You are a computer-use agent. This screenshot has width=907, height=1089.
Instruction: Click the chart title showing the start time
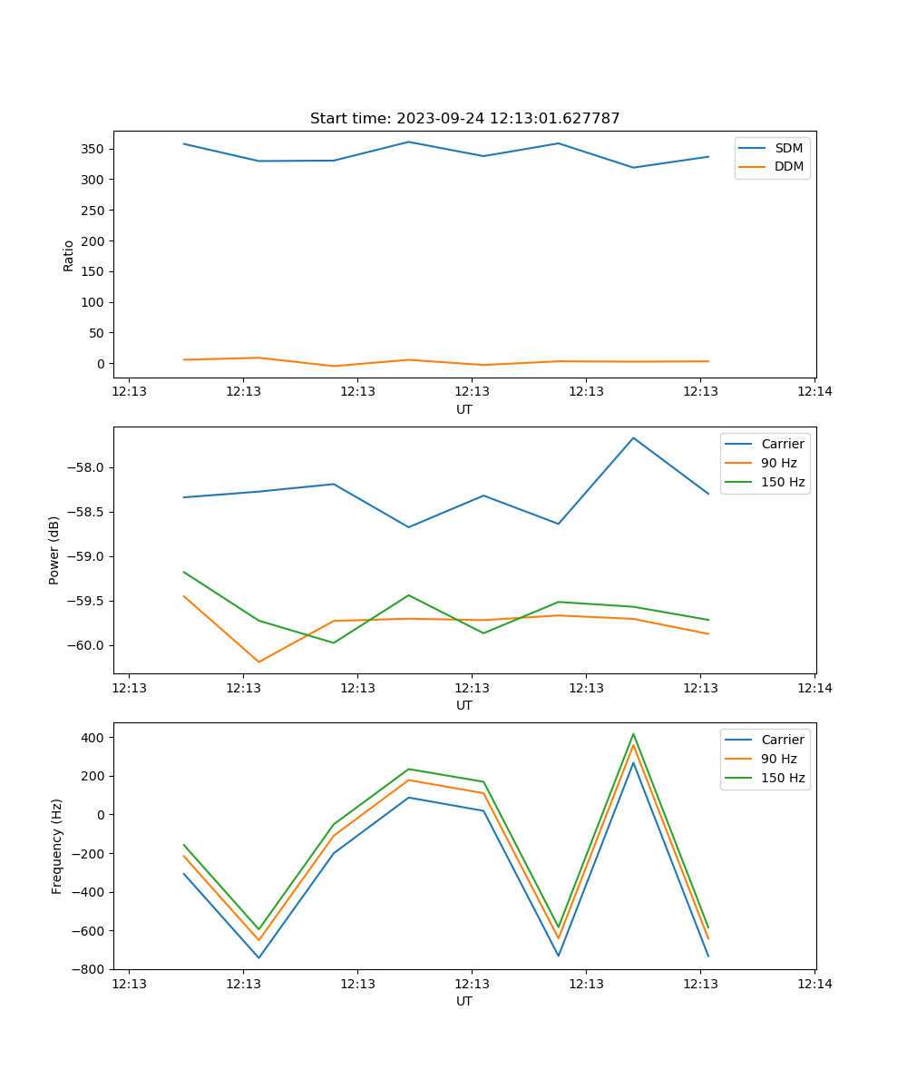click(464, 119)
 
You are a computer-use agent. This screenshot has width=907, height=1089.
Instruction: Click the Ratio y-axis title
click(69, 256)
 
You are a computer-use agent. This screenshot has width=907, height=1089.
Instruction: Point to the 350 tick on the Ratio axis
click(95, 149)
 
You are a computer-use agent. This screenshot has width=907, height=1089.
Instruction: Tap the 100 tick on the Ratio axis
click(95, 302)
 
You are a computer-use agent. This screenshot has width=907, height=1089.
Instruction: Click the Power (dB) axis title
click(54, 550)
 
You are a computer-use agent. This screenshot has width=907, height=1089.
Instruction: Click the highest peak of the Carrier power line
click(633, 438)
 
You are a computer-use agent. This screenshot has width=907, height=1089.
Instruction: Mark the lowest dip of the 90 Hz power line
click(258, 662)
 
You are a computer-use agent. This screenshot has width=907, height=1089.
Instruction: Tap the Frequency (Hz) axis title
click(57, 846)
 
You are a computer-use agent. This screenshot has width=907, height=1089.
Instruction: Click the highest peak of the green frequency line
click(633, 734)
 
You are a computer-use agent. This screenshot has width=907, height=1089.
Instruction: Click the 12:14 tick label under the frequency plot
click(814, 984)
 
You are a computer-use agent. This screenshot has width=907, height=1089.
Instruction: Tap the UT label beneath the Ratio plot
click(464, 409)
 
